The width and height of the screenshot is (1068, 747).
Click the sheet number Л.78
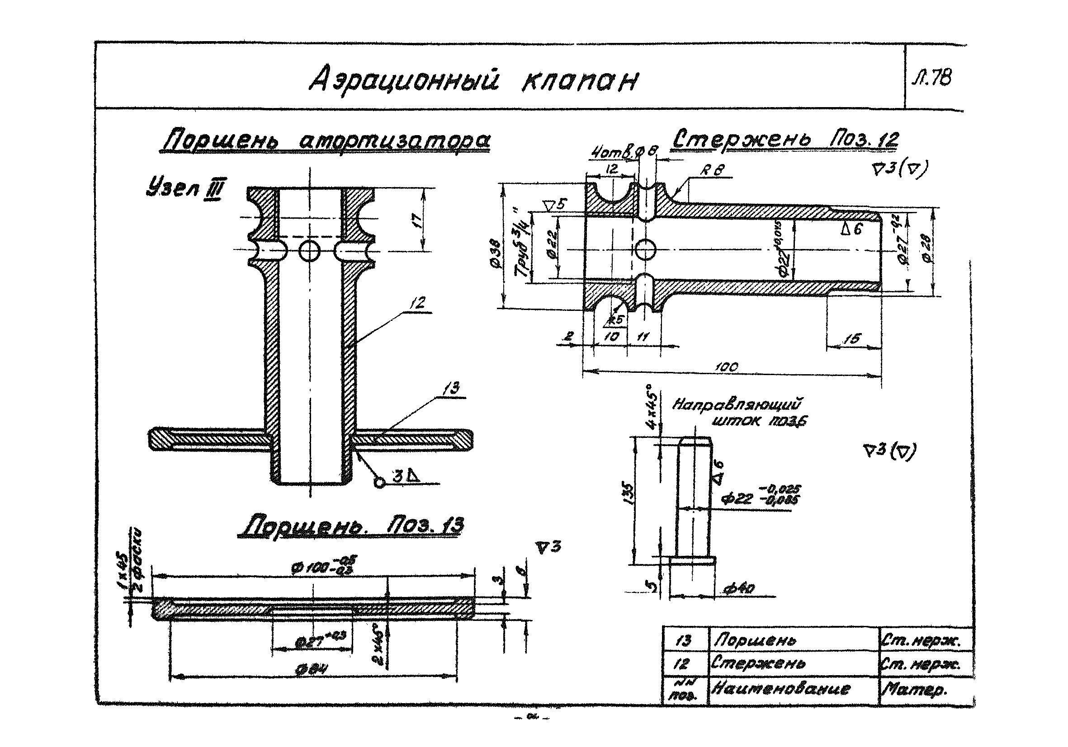[933, 78]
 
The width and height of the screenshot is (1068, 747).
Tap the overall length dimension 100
[727, 367]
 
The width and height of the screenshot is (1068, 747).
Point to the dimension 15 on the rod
[852, 339]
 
